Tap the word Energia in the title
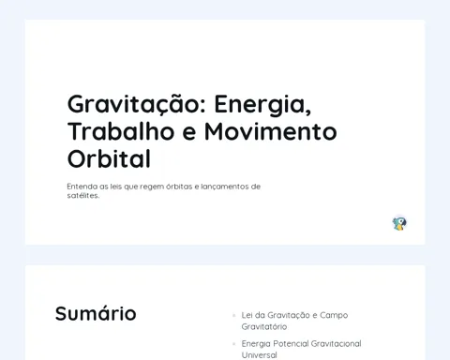tap(262, 105)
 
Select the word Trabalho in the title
tap(121, 131)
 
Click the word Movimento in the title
tap(271, 131)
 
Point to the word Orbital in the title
tap(109, 158)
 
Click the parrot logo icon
tap(399, 223)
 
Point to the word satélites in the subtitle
tap(83, 196)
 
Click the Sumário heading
tap(96, 313)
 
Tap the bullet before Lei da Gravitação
tap(234, 315)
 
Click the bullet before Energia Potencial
tap(234, 344)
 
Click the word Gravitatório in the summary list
tap(264, 327)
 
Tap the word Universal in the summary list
tap(260, 355)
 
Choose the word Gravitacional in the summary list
tap(337, 344)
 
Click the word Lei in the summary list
tap(247, 315)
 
